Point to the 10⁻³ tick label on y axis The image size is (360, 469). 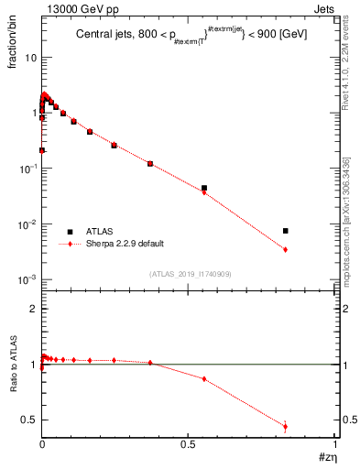(27, 279)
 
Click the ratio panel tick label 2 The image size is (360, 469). (33, 310)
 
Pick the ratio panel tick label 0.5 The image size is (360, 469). (29, 420)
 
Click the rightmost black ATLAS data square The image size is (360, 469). (286, 231)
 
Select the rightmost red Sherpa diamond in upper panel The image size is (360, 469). (286, 249)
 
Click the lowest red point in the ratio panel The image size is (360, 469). (286, 426)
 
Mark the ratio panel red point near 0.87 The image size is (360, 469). (204, 379)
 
